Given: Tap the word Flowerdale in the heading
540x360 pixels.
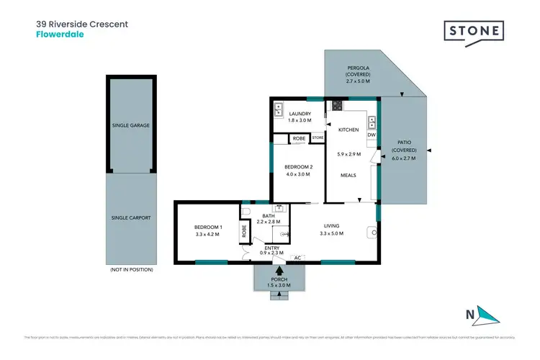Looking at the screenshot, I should pyautogui.click(x=60, y=34).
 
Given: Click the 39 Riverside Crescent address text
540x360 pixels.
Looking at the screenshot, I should pyautogui.click(x=82, y=24).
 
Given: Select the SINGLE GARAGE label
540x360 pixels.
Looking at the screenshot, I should pyautogui.click(x=130, y=125).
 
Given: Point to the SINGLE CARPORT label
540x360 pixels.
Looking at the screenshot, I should pyautogui.click(x=130, y=217).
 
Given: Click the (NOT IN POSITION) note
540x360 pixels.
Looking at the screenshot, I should pyautogui.click(x=130, y=269).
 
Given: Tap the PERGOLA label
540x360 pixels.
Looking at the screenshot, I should pyautogui.click(x=358, y=68).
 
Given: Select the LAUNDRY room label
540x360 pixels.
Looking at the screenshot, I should pyautogui.click(x=300, y=114).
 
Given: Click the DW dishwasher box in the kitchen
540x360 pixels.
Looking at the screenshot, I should pyautogui.click(x=372, y=135).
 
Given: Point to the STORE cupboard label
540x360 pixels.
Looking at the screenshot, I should pyautogui.click(x=318, y=138).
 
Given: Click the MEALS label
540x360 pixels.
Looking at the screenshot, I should pyautogui.click(x=348, y=175).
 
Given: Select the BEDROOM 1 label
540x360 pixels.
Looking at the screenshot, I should pyautogui.click(x=209, y=228).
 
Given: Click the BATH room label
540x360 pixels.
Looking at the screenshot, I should pyautogui.click(x=269, y=215).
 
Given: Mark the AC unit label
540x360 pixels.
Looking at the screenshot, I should pyautogui.click(x=297, y=257).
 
